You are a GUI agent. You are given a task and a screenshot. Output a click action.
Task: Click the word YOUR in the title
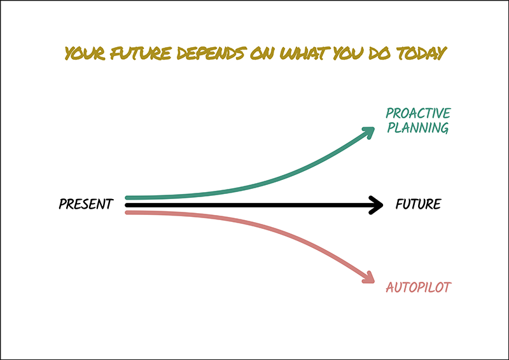coord(85,53)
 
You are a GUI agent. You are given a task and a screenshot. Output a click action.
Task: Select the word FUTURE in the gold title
coord(141,53)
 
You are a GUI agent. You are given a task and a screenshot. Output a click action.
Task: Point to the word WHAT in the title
coord(305,53)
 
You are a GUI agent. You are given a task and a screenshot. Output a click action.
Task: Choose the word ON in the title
coord(263,53)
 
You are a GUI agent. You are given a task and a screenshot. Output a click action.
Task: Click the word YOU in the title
coord(348,53)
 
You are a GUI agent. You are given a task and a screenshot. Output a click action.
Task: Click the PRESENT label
coord(86,204)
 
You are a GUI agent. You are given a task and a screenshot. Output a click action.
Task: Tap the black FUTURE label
coord(418,204)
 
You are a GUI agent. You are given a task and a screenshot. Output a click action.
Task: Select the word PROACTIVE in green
coord(418,113)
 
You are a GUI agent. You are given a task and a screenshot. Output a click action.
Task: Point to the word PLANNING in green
coord(418,128)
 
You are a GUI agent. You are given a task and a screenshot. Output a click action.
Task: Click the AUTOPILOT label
coord(419,287)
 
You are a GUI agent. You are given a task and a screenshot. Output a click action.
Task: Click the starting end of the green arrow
coord(127,197)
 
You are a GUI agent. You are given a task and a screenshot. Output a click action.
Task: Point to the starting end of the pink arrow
coord(127,212)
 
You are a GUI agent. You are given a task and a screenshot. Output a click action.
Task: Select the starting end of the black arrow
coord(127,205)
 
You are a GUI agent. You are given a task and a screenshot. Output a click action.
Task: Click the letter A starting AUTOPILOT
coord(390,287)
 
